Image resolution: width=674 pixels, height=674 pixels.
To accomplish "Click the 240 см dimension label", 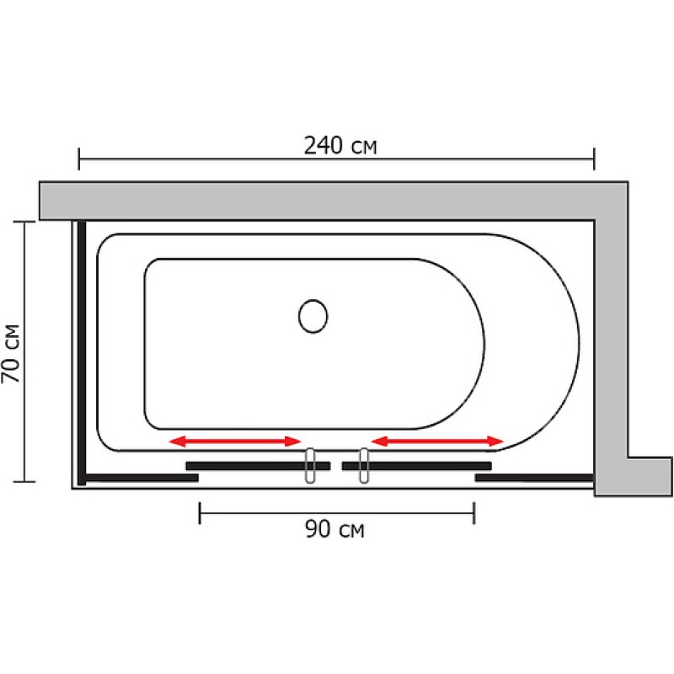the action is pyautogui.click(x=340, y=146).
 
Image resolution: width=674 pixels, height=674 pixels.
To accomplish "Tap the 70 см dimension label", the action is pyautogui.click(x=11, y=353).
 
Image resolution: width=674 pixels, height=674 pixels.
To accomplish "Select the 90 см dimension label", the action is pyautogui.click(x=334, y=529).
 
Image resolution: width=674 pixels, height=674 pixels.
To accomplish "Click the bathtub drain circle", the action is pyautogui.click(x=313, y=316).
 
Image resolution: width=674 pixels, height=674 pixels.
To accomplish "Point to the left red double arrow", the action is pyautogui.click(x=235, y=441).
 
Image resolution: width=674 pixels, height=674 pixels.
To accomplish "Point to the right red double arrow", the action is pyautogui.click(x=437, y=441).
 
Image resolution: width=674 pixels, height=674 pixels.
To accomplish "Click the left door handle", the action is pyautogui.click(x=310, y=466).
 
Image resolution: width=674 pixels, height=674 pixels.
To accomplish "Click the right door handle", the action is pyautogui.click(x=364, y=466).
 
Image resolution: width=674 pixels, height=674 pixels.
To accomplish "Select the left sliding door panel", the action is pyautogui.click(x=258, y=466).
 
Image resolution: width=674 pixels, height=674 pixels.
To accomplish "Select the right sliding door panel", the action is pyautogui.click(x=416, y=466).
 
